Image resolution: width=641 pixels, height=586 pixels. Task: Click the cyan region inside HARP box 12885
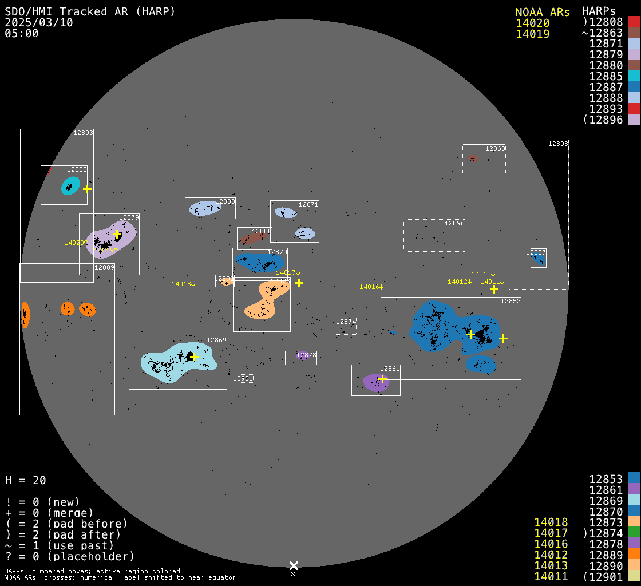[x=70, y=185]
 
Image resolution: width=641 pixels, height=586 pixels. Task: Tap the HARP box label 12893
[x=83, y=133]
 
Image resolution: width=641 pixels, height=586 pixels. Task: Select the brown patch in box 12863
[x=473, y=159]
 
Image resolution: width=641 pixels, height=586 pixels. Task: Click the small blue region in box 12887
[x=539, y=260]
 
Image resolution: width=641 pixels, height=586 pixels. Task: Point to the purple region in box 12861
[x=375, y=382]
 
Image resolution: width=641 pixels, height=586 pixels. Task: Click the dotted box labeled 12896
[x=434, y=235]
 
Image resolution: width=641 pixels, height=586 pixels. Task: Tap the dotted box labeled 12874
[x=345, y=326]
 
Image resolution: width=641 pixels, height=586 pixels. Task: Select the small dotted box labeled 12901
[x=246, y=378]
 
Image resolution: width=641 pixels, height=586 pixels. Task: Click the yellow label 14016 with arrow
[x=371, y=287]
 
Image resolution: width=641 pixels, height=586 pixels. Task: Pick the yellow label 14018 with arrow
[x=183, y=284]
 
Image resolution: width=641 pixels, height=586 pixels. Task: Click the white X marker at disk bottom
[x=294, y=565]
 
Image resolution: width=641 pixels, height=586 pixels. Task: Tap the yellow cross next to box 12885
[x=87, y=189]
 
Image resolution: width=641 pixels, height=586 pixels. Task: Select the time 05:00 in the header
[x=22, y=33]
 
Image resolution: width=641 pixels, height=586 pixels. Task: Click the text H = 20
[x=26, y=480]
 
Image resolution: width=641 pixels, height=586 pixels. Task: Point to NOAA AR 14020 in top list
[x=532, y=23]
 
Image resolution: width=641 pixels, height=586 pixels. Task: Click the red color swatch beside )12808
[x=634, y=22]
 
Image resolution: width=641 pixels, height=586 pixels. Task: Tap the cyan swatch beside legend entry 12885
[x=634, y=76]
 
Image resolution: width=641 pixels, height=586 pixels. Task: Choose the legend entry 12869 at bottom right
[x=606, y=500]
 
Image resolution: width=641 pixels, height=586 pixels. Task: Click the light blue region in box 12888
[x=205, y=208]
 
